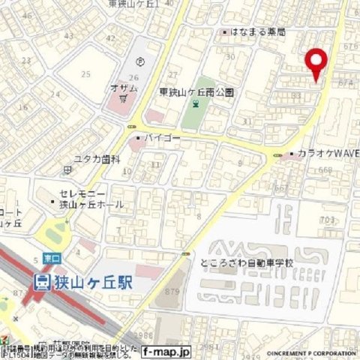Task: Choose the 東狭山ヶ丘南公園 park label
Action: pyautogui.click(x=196, y=92)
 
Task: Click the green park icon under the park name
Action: pyautogui.click(x=195, y=106)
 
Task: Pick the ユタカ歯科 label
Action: pyautogui.click(x=97, y=159)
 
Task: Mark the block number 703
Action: pyautogui.click(x=327, y=220)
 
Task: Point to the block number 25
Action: pyautogui.click(x=86, y=73)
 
